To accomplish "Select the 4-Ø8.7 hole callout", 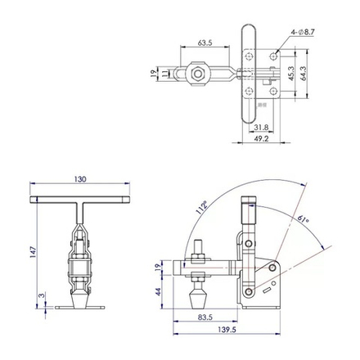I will pyautogui.click(x=302, y=34).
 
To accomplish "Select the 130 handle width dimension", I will pyautogui.click(x=79, y=179).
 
